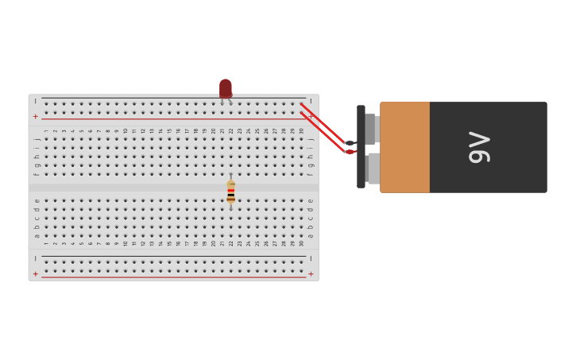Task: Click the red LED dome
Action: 226,87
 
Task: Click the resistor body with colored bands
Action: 231,192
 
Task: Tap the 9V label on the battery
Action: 480,147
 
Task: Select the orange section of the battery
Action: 404,147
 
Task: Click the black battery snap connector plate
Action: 361,146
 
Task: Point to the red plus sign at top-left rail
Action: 35,117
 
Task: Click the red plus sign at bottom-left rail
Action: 35,274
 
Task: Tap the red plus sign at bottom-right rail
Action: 311,274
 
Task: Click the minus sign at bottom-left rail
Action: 35,259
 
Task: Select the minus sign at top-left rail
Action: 35,102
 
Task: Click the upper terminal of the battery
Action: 370,128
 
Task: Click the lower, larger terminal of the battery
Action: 373,168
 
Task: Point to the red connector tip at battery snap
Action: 350,152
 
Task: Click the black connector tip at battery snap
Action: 350,143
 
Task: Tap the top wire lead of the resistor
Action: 231,177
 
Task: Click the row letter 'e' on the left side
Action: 37,200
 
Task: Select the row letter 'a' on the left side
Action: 37,235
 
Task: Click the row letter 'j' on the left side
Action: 37,138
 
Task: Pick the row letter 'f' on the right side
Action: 311,173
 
